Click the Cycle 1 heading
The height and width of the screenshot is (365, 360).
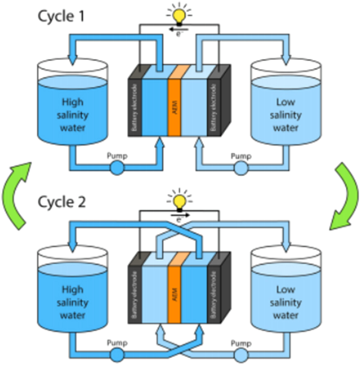pos(61,16)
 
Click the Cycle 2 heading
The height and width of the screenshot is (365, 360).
pos(62,202)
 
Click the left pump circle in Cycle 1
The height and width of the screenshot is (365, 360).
pos(117,168)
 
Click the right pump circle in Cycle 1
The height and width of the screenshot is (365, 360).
pos(241,168)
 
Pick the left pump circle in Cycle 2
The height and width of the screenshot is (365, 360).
pos(117,355)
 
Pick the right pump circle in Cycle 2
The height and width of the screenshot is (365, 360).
pos(241,355)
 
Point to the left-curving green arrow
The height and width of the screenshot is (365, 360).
pos(16,194)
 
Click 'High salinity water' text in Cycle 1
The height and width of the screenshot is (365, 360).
pos(72,114)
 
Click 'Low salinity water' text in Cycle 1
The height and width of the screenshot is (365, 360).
pos(285,114)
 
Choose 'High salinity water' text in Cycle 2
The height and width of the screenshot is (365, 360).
pos(72,302)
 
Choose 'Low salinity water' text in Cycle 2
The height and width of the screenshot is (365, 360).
pos(285,302)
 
